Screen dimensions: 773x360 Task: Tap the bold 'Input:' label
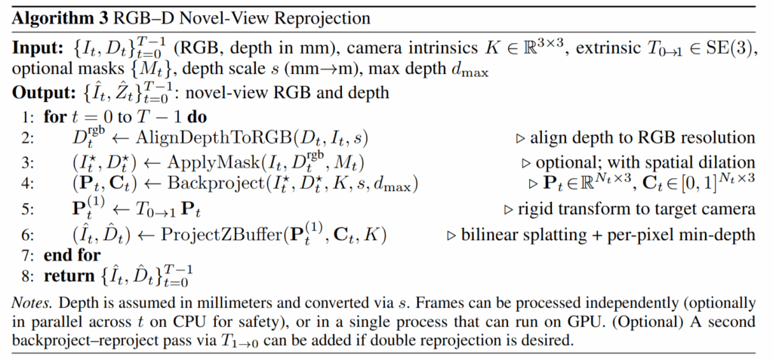[37, 48]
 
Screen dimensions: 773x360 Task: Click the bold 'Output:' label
[42, 93]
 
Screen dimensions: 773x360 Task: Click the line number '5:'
[28, 209]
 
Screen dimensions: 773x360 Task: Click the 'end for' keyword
[72, 255]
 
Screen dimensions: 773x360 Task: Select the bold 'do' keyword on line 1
[197, 118]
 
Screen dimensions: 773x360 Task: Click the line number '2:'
[28, 138]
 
